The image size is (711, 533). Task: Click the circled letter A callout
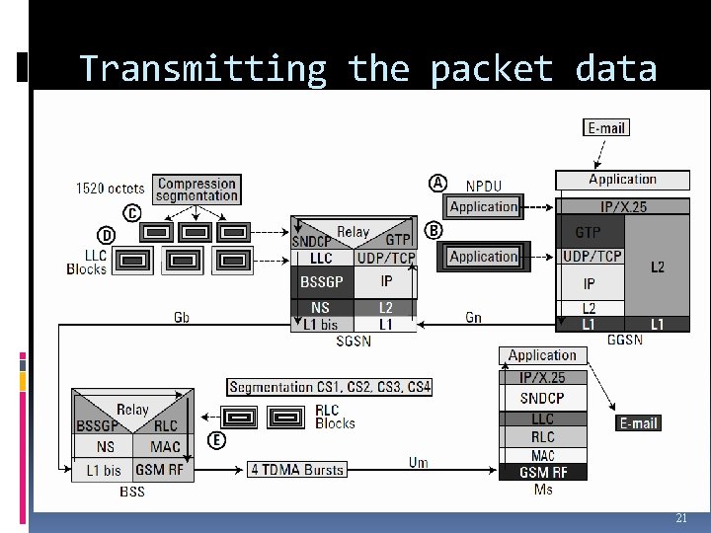click(437, 183)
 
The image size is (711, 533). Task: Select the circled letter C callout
click(130, 212)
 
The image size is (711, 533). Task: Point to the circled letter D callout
click(105, 234)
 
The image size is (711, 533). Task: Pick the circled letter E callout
click(216, 440)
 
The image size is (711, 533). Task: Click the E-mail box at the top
click(607, 127)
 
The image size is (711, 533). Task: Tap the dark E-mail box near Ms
click(638, 422)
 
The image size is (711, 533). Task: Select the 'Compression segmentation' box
click(197, 189)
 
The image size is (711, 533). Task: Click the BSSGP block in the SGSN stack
click(321, 281)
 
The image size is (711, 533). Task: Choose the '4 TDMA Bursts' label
click(296, 469)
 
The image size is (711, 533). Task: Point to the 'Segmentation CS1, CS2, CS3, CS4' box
click(330, 387)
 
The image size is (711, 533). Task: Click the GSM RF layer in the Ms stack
click(542, 472)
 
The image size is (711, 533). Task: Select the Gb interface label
click(182, 317)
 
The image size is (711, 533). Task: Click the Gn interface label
click(474, 317)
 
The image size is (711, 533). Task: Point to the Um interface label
click(419, 463)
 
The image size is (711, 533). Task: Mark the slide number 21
click(680, 518)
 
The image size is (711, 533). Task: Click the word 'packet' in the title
click(486, 69)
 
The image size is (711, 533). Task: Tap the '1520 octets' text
click(110, 188)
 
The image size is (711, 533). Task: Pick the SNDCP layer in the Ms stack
click(542, 398)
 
